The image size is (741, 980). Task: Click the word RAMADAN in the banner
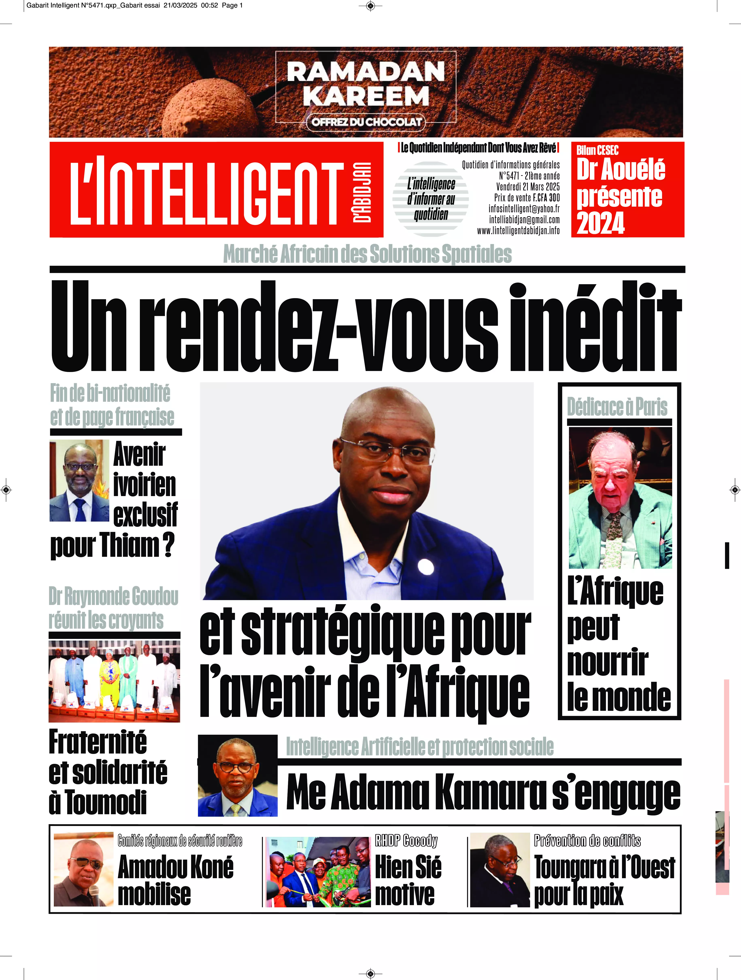tap(366, 72)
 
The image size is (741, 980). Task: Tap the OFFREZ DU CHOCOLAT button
tap(366, 122)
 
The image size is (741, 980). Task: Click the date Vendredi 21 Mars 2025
tap(527, 187)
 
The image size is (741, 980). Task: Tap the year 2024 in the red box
tap(601, 223)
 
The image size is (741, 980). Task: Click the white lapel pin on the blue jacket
tap(426, 566)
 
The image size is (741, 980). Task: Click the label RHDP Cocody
tap(406, 840)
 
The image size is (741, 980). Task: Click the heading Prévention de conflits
tap(587, 840)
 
